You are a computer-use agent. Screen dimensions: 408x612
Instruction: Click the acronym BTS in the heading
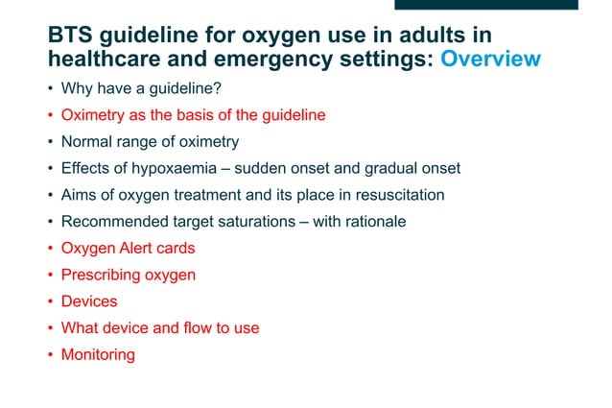pos(72,36)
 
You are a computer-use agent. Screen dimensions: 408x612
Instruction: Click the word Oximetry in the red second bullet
pos(91,115)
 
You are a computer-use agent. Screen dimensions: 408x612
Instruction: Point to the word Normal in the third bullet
pos(86,142)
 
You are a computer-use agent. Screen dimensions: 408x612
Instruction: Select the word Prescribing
pos(100,276)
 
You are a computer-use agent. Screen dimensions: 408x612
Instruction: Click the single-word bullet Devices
pos(88,301)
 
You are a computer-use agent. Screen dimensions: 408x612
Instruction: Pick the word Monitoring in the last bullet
pos(98,355)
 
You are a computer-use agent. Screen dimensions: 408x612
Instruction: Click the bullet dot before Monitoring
pos(51,355)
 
